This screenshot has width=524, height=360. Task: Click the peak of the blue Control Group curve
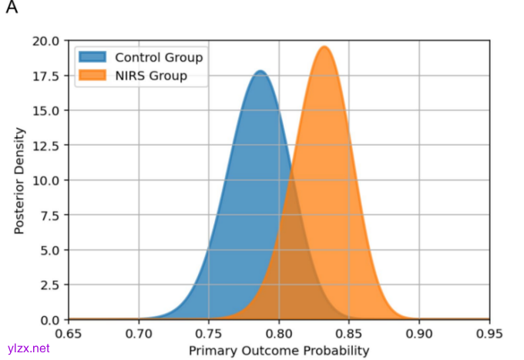260,72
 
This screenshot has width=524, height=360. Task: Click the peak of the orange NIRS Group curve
324,47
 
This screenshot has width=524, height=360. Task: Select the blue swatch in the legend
93,57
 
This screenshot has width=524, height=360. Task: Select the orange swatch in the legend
93,76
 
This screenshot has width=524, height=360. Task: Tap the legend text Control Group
159,57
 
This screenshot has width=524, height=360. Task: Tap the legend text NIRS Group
151,76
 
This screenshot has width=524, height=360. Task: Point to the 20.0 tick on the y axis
46,41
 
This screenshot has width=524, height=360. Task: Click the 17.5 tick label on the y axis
46,76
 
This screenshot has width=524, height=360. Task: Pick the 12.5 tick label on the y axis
46,145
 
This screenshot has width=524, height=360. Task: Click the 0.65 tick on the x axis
69,333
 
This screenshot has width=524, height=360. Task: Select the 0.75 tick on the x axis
209,333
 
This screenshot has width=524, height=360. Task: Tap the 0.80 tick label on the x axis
279,333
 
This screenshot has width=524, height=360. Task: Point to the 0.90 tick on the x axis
419,333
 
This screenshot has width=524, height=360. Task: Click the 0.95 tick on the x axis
489,333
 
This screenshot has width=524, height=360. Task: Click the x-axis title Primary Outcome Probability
279,351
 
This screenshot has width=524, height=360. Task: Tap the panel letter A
11,10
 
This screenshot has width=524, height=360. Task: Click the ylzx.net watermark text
28,348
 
